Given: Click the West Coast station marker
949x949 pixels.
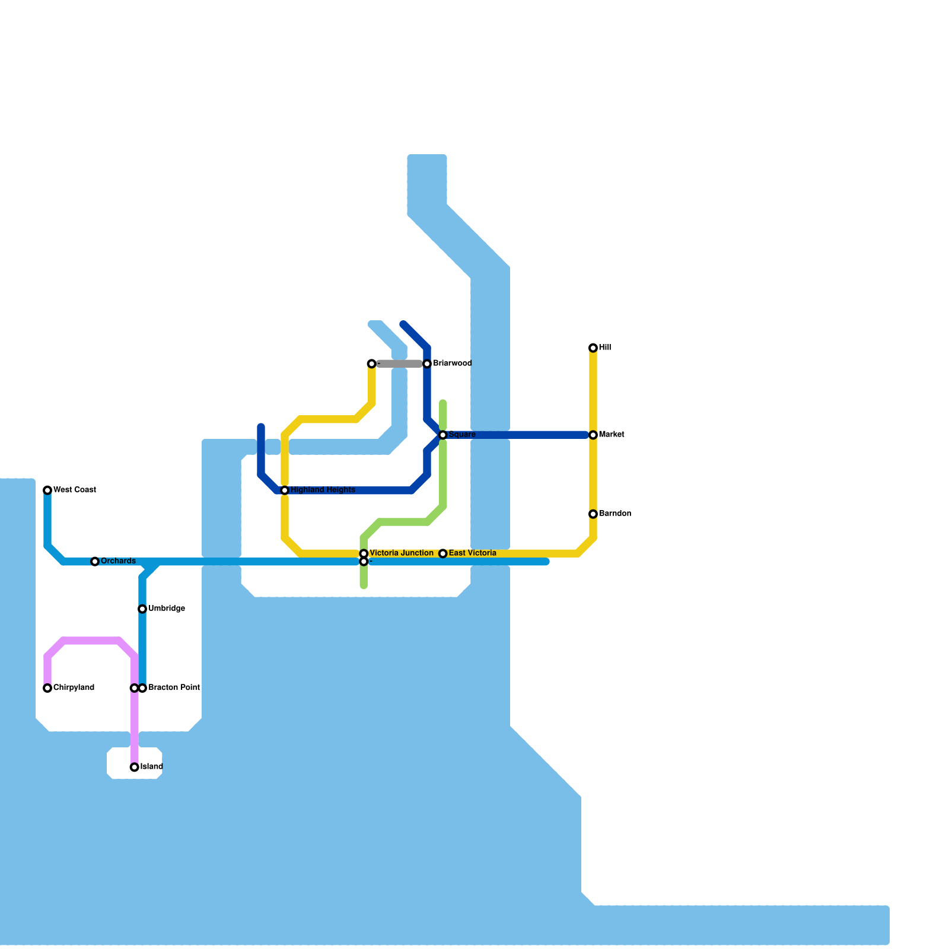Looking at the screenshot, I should (47, 490).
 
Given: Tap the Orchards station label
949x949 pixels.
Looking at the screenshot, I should (118, 561).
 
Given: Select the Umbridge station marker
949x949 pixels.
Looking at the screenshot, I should (142, 609).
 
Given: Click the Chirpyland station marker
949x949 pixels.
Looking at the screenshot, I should (47, 688).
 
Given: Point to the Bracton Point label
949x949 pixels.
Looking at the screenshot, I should (174, 688).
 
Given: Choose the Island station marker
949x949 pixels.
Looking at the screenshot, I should (135, 768).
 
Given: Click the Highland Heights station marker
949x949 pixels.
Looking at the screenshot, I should (285, 491).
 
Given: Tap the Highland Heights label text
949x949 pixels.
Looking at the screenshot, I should (323, 490).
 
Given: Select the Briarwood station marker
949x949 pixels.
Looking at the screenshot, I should (427, 364).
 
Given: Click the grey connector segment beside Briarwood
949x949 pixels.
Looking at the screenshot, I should (399, 364).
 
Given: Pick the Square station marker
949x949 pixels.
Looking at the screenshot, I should (443, 435).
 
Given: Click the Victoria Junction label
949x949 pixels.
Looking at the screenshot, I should (401, 553).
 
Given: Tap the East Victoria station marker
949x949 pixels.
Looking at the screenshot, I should (443, 553).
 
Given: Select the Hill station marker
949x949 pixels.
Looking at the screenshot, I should (593, 348).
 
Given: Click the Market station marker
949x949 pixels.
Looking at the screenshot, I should (593, 435).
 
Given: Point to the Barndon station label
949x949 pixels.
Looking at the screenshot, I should (614, 514).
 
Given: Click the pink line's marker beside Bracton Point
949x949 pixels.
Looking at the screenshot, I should (134, 688).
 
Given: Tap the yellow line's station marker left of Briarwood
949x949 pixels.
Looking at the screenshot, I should (371, 364).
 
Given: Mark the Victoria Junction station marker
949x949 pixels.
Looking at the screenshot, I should (364, 553).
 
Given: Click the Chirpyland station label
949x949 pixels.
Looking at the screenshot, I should (74, 688).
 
